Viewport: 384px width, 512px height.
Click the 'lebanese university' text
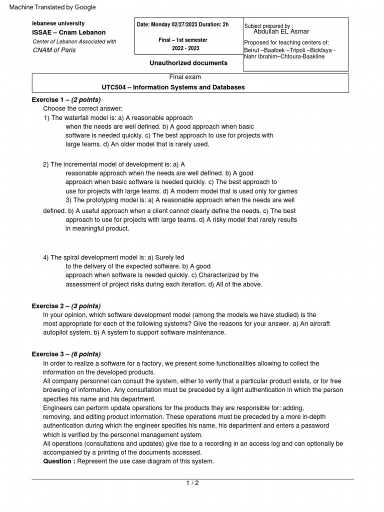coord(58,23)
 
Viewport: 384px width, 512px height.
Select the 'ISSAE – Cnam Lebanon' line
coord(68,32)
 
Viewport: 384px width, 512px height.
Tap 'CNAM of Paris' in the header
coord(54,50)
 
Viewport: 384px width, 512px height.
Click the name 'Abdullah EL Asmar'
coord(282,31)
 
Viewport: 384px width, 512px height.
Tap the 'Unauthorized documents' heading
coord(188,63)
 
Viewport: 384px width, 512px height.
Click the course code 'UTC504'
coord(115,87)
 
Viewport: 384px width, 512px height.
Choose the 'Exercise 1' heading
coord(48,99)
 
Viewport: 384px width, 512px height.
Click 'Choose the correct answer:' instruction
coord(82,108)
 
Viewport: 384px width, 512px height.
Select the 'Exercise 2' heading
coord(48,306)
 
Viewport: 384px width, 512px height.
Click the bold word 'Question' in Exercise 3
coord(57,461)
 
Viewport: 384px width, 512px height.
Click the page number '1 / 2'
coord(192,482)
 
